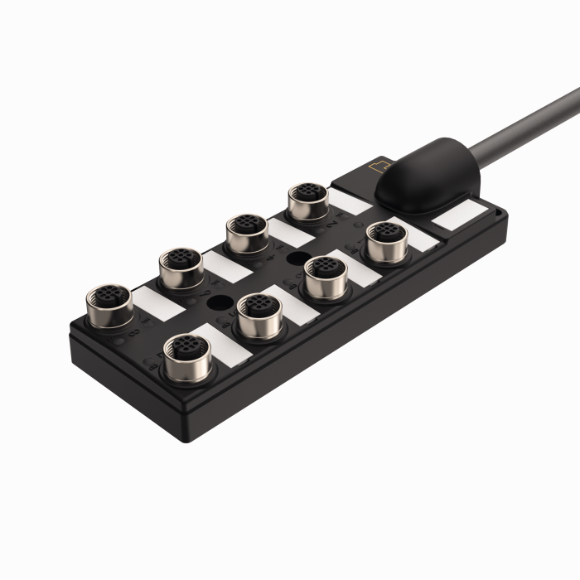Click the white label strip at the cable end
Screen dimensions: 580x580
pyautogui.click(x=460, y=218)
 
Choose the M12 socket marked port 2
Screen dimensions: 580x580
pyautogui.click(x=306, y=200)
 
